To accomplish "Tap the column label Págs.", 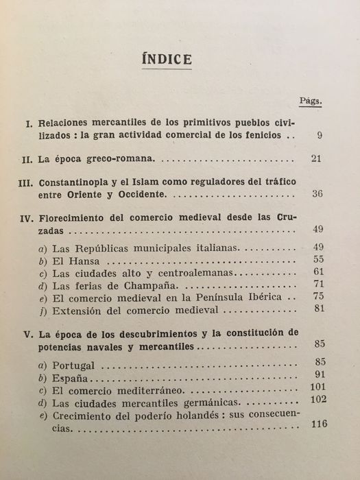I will click(311, 101).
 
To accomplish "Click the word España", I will click(71, 377).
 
